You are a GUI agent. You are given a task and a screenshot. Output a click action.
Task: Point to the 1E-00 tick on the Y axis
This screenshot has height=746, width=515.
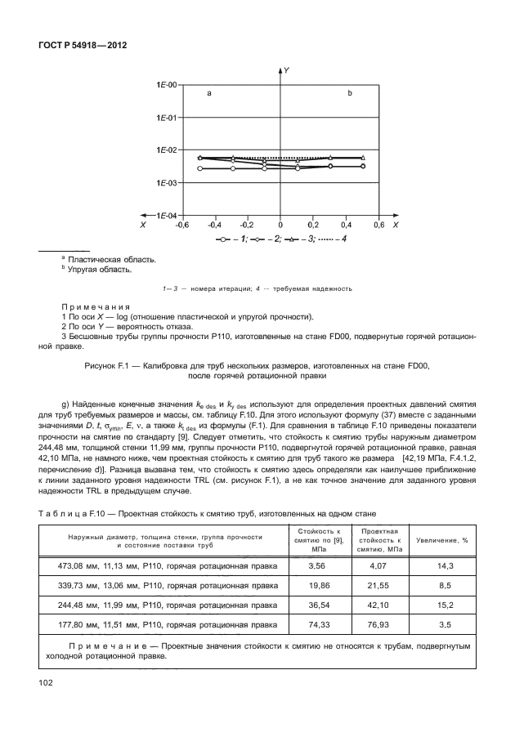[x=167, y=85]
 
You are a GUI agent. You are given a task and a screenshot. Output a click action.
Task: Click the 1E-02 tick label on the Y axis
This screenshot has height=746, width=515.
[x=167, y=150]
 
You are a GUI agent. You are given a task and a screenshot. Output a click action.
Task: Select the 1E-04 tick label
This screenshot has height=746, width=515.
[x=167, y=215]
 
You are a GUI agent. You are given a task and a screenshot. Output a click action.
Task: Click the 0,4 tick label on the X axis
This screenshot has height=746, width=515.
[x=347, y=224]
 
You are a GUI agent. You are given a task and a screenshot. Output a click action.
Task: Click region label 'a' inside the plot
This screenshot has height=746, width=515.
[x=209, y=94]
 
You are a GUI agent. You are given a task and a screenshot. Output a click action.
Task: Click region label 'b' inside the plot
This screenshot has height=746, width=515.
[x=350, y=94]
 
